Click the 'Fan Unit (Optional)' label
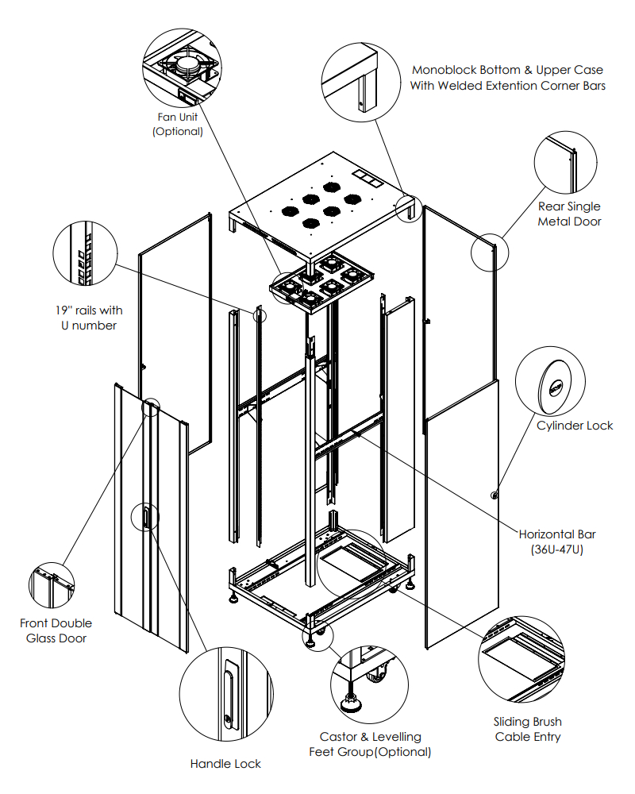(x=178, y=124)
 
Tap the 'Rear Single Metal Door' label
(x=569, y=214)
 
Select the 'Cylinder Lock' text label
(x=575, y=426)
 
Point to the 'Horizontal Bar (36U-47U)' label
(x=557, y=542)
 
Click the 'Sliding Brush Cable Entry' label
(x=528, y=729)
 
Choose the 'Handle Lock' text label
(x=225, y=764)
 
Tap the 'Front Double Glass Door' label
(x=56, y=630)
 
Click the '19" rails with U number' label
(x=89, y=318)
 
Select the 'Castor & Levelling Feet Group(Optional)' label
(x=370, y=744)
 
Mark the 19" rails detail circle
(x=86, y=253)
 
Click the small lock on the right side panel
(x=495, y=495)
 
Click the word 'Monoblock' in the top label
(x=444, y=70)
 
